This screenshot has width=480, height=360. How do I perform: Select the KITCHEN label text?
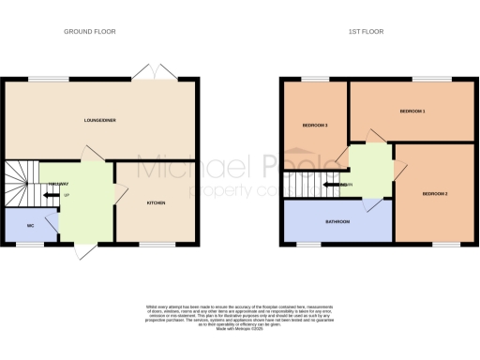tap(156, 202)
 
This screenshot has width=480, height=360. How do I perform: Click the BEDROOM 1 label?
tap(412, 112)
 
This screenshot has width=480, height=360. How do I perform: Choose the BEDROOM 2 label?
tap(434, 193)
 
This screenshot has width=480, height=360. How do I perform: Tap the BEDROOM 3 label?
tap(314, 126)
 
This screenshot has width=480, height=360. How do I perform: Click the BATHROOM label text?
tap(337, 222)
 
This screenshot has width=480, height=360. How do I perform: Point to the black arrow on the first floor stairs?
tap(331, 185)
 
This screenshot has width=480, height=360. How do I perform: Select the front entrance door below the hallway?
tap(82, 250)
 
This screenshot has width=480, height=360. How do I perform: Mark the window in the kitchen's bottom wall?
tap(153, 245)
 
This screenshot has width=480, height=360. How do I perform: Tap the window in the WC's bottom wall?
tap(29, 245)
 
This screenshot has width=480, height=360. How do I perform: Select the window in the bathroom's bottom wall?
tap(307, 245)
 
